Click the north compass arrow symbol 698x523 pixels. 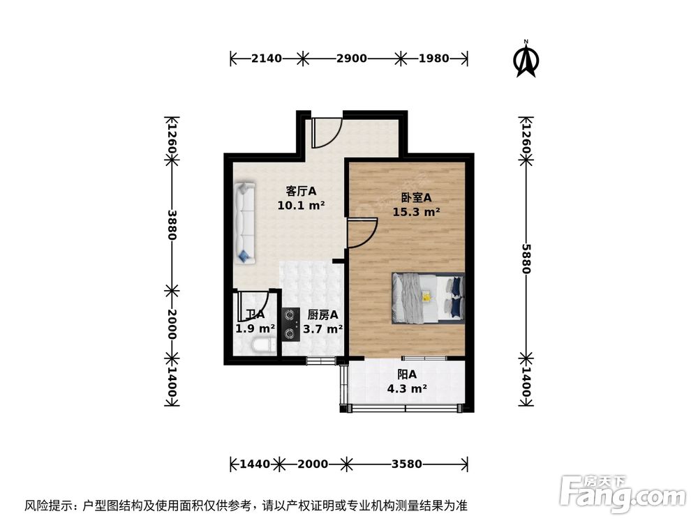pyautogui.click(x=525, y=61)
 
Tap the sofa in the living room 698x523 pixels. pyautogui.click(x=244, y=222)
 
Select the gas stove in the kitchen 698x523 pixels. pyautogui.click(x=291, y=325)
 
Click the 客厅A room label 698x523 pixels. pyautogui.click(x=302, y=190)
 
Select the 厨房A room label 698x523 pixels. pyautogui.click(x=323, y=314)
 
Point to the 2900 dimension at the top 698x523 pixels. pyautogui.click(x=351, y=59)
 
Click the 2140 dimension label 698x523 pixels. pyautogui.click(x=266, y=59)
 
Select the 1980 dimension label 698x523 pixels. pyautogui.click(x=433, y=59)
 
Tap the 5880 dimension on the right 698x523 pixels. pyautogui.click(x=526, y=258)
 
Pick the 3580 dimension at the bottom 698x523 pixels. pyautogui.click(x=407, y=463)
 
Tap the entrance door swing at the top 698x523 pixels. pyautogui.click(x=326, y=132)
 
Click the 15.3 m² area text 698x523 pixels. pyautogui.click(x=416, y=212)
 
